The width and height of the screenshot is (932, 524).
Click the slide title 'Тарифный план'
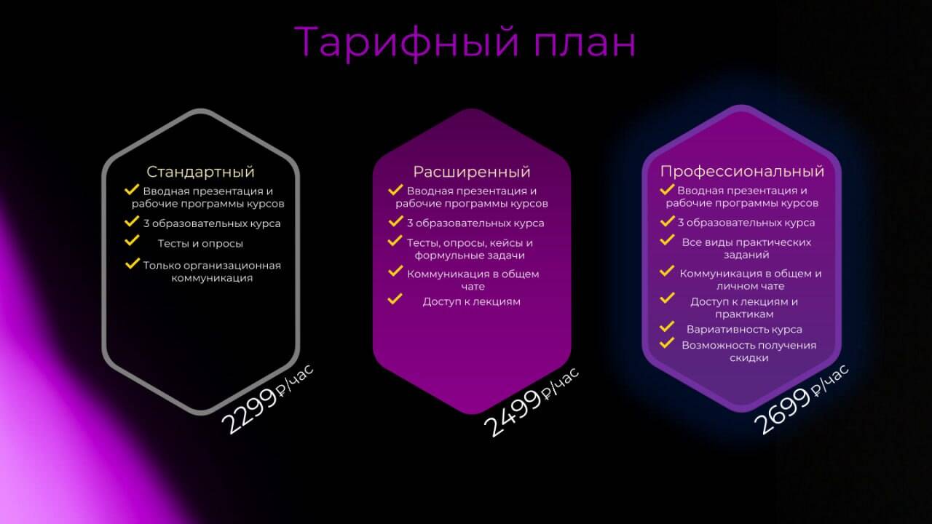click(465, 41)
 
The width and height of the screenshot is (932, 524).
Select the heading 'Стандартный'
click(200, 172)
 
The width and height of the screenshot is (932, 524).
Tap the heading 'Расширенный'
click(472, 172)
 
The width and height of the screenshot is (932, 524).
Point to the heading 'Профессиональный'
click(742, 171)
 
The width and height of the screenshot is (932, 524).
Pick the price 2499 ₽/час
click(532, 402)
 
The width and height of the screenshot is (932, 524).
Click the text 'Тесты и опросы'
click(200, 244)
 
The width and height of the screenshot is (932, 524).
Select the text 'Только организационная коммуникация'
click(212, 271)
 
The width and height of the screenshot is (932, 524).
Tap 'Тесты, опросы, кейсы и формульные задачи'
click(470, 249)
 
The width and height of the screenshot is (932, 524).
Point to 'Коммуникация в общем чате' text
click(473, 280)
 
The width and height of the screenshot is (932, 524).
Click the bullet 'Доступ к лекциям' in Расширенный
click(472, 301)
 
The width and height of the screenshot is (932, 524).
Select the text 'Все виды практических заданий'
click(746, 248)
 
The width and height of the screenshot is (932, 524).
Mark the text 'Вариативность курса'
click(744, 329)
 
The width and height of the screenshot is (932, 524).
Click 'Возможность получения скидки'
click(749, 351)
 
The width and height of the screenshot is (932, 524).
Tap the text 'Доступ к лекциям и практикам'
click(744, 308)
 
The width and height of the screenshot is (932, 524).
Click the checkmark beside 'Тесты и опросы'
click(132, 239)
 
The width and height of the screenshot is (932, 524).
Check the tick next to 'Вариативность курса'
click(667, 327)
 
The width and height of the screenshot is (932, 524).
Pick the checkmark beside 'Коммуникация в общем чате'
click(395, 271)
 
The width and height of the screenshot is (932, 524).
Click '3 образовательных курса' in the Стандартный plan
click(211, 223)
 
